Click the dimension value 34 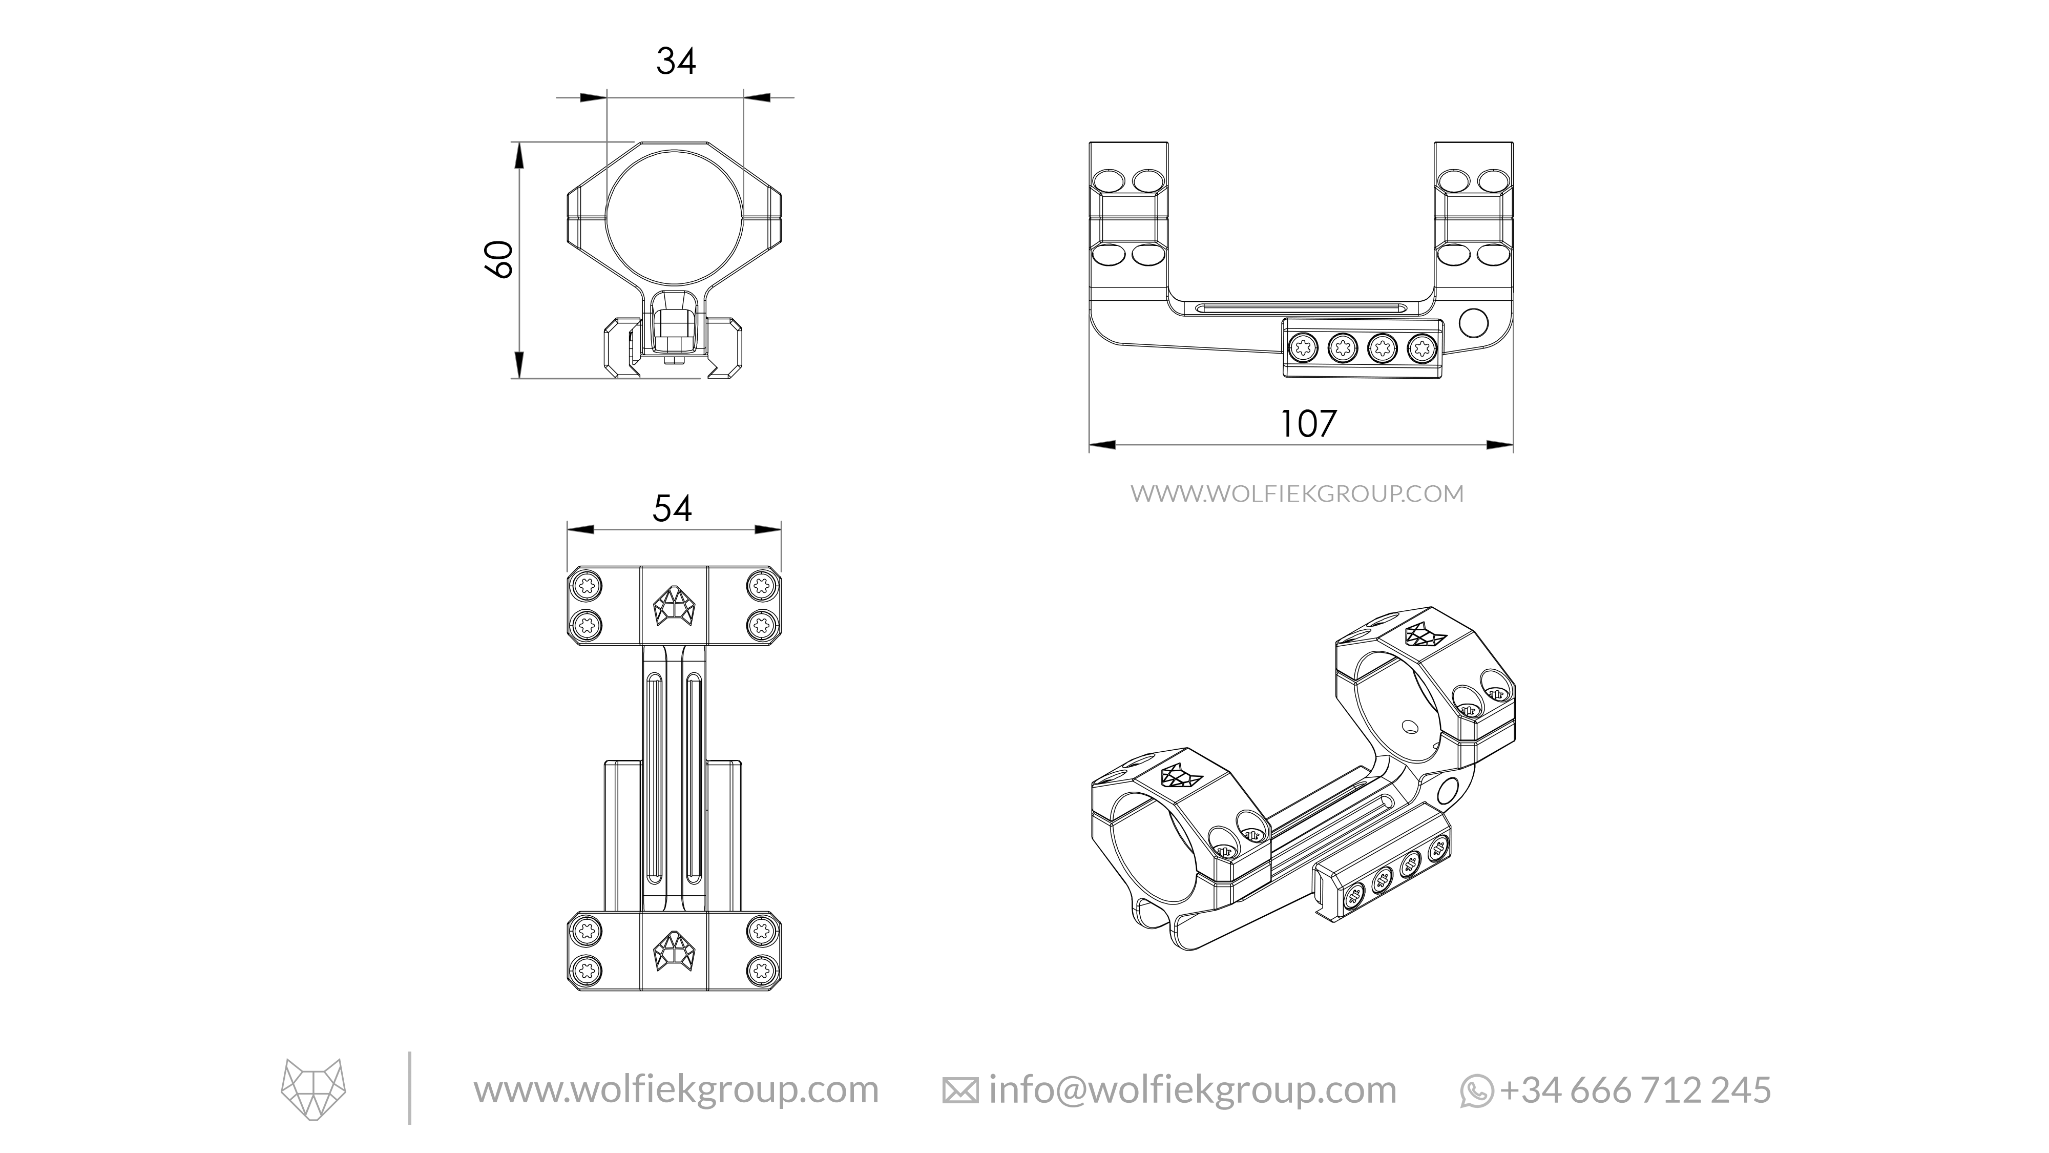tap(675, 61)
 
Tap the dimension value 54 tap(672, 508)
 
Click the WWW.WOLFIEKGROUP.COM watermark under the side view tap(1297, 494)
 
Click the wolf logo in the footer tap(313, 1088)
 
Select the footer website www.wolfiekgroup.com tap(676, 1089)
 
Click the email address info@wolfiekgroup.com tap(1191, 1089)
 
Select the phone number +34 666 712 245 tap(1636, 1089)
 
